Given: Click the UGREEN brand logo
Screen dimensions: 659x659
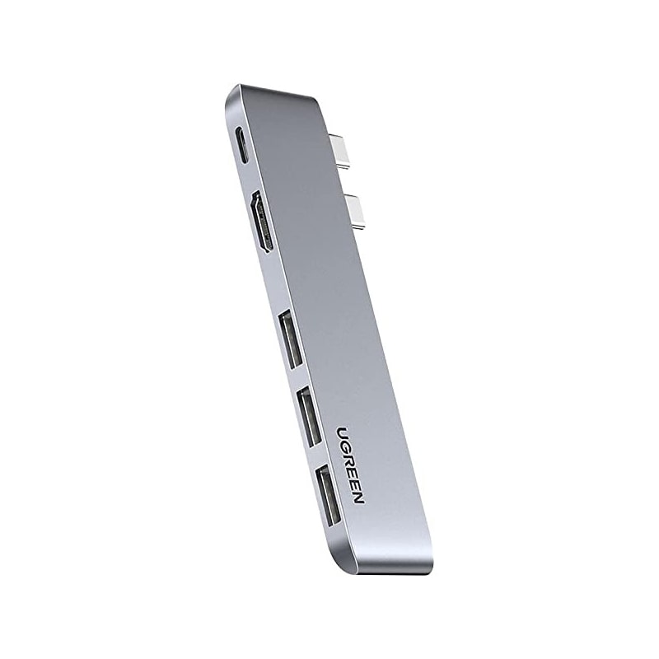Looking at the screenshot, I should coord(351,462).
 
